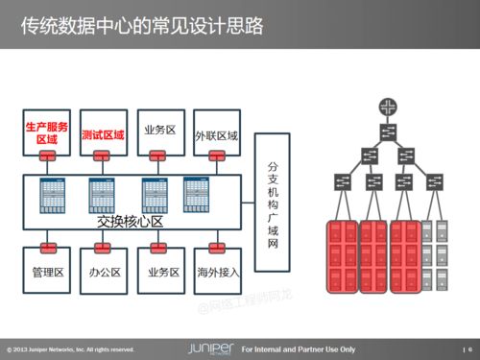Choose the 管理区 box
tap(47, 273)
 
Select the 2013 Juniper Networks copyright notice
tap(71, 348)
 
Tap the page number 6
tap(470, 348)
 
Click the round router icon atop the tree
tap(388, 105)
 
